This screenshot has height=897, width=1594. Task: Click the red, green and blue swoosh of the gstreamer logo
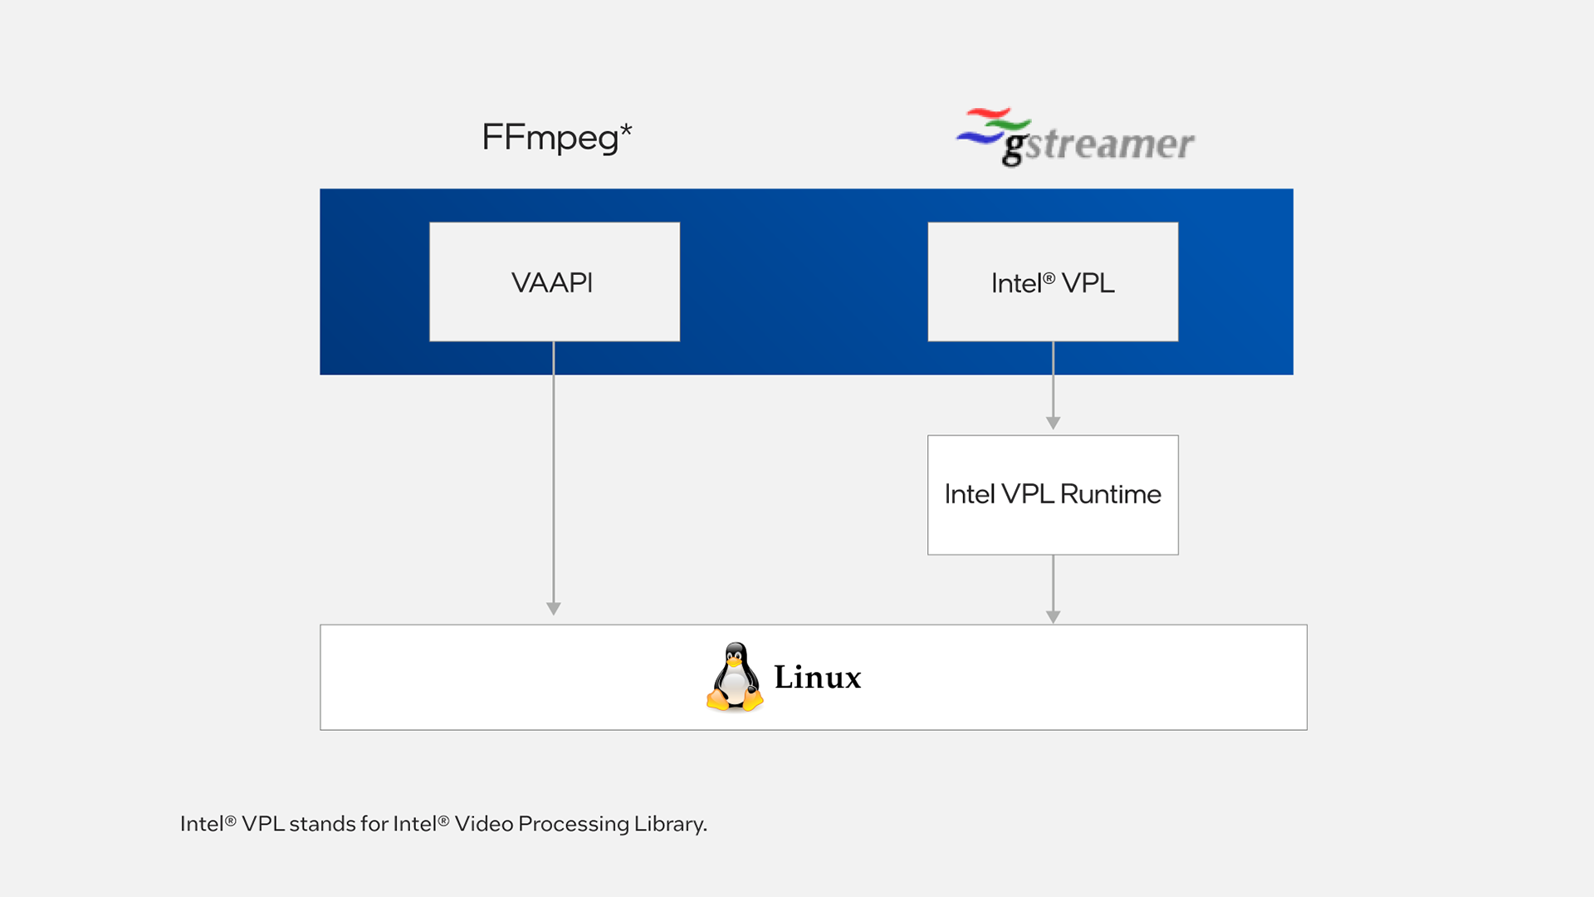pos(991,125)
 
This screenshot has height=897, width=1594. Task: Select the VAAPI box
pos(554,282)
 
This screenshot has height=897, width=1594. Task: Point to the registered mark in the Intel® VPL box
pos(1049,277)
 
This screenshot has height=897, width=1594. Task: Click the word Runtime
pos(1110,494)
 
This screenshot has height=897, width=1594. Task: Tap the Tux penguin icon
pos(735,677)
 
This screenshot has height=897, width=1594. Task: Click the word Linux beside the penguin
pos(818,678)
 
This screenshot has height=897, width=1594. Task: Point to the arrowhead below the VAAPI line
pos(554,609)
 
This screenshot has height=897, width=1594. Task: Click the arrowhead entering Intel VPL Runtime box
pos(1053,424)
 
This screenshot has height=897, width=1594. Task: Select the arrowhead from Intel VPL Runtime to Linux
pos(1053,617)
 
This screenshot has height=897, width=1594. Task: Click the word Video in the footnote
pos(483,824)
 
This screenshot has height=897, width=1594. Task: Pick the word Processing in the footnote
pos(574,824)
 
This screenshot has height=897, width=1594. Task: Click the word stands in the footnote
pos(321,824)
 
